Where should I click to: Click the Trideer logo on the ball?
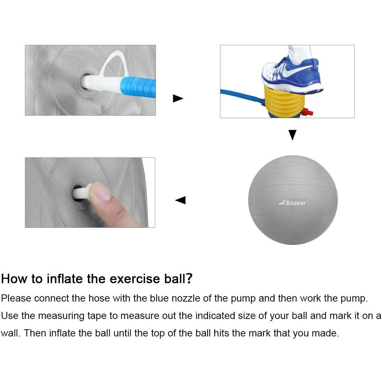(x=292, y=203)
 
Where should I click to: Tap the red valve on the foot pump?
(x=307, y=112)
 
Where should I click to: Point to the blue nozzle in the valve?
(x=138, y=87)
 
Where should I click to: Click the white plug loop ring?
(x=115, y=64)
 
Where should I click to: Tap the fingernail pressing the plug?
(x=102, y=191)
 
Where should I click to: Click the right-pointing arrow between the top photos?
(x=178, y=98)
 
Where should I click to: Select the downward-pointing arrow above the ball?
(x=292, y=135)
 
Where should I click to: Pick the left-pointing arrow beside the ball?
(x=180, y=200)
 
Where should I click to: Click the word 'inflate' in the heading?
(x=64, y=278)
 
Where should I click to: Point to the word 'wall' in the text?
(x=9, y=333)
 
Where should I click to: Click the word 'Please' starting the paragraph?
(x=16, y=298)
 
